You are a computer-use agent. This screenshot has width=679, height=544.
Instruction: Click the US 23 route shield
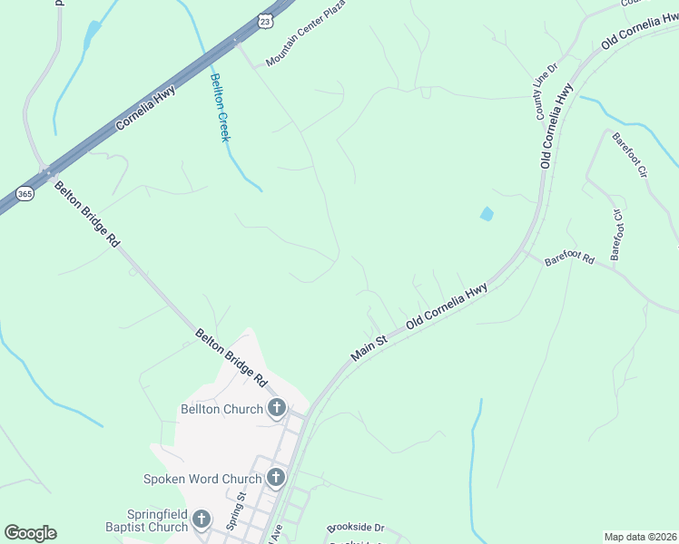coord(264,19)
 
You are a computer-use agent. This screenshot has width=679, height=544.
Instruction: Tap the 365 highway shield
coord(25,194)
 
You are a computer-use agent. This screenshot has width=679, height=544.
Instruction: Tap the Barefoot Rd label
coord(569,260)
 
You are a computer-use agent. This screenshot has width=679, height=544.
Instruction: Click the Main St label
coord(369,345)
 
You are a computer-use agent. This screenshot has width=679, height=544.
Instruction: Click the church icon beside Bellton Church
coord(276,409)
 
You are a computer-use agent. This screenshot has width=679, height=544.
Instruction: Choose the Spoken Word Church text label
coord(202,478)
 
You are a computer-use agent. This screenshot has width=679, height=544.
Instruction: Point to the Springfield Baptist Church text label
coord(161,520)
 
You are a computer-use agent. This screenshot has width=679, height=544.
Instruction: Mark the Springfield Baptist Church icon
coord(201,520)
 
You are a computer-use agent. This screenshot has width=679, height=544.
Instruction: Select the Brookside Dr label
coord(355,527)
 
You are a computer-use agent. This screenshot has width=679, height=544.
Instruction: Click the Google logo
coord(30,533)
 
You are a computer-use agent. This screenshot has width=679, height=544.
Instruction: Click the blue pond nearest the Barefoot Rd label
coord(487,215)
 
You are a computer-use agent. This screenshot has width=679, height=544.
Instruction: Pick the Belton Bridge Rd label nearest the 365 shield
coord(87,215)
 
